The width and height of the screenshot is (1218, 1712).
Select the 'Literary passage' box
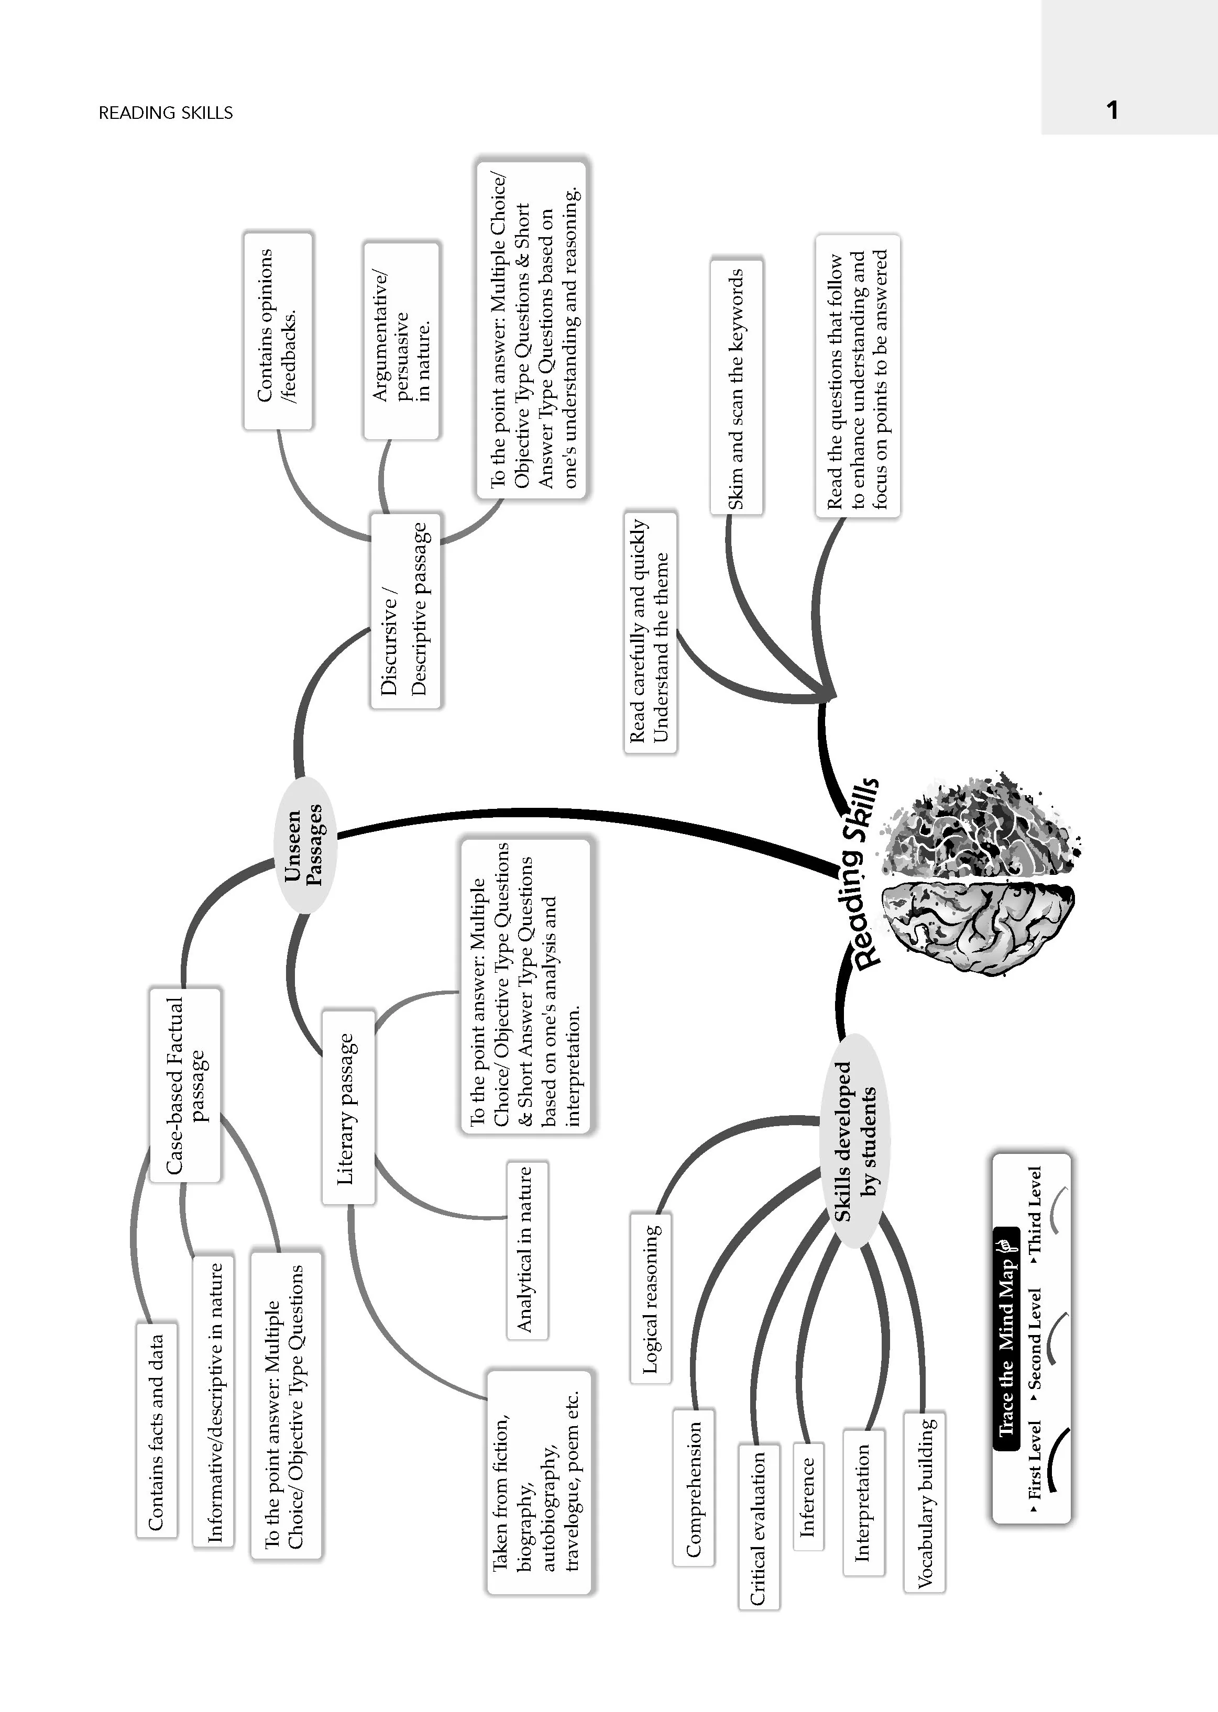point(348,1107)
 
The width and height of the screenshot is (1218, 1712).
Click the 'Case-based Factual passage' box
point(185,1085)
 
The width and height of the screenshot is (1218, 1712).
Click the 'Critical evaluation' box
point(758,1527)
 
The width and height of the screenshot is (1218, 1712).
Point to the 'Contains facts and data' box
point(157,1429)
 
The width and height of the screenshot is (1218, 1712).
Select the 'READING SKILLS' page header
point(166,113)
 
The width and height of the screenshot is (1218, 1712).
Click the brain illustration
point(979,871)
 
